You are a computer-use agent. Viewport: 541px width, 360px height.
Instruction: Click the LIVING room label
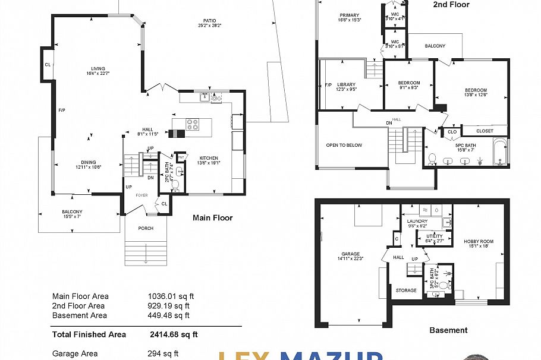tap(98, 68)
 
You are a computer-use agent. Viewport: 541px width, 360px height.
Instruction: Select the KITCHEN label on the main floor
tap(209, 156)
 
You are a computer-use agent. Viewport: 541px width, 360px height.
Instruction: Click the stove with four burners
tap(193, 125)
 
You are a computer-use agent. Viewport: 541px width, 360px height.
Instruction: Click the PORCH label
tap(146, 228)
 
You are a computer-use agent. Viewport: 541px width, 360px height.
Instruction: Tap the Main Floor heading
tap(213, 218)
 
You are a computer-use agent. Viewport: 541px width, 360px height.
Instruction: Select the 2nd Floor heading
tap(451, 5)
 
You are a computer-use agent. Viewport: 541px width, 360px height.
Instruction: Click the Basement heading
tap(448, 330)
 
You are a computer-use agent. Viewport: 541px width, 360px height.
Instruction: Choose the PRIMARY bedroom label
tap(350, 15)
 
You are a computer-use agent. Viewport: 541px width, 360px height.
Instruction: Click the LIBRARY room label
tap(345, 84)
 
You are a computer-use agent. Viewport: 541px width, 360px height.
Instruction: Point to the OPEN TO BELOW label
tap(344, 145)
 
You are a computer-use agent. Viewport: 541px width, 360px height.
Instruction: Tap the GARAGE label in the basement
tap(351, 254)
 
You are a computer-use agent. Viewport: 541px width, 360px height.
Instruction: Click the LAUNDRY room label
tap(417, 221)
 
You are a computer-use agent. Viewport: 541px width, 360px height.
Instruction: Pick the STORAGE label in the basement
tap(406, 290)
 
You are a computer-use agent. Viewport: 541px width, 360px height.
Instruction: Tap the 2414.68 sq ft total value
tap(174, 334)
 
